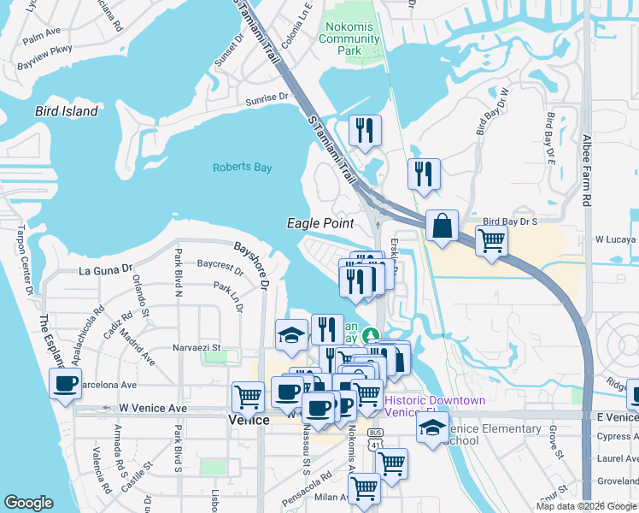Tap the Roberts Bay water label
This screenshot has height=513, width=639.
(x=242, y=168)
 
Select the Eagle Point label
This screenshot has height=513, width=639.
(x=319, y=223)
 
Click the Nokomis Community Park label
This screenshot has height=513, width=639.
(x=350, y=39)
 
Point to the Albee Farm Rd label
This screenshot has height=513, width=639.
(x=586, y=170)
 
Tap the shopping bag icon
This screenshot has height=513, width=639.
(x=443, y=227)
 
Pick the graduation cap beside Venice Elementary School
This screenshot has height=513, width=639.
(x=432, y=427)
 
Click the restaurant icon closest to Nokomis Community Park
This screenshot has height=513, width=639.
(x=365, y=131)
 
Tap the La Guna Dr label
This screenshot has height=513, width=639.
(x=107, y=270)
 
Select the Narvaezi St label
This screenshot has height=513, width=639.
(x=197, y=348)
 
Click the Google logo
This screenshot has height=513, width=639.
(x=28, y=503)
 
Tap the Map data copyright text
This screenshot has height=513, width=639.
(x=586, y=506)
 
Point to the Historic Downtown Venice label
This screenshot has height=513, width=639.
(x=435, y=406)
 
